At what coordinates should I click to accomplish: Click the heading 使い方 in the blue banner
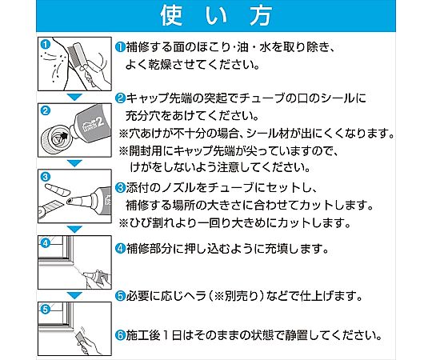tap(216, 16)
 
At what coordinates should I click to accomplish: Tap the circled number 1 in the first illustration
tap(45, 45)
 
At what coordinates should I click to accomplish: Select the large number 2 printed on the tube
tap(100, 121)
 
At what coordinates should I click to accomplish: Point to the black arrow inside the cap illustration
tap(64, 135)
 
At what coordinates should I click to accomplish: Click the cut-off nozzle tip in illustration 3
tap(57, 190)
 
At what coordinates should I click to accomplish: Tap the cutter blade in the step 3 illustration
tap(53, 206)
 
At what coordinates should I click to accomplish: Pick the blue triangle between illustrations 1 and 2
tap(74, 97)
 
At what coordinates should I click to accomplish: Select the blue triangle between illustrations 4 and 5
tap(74, 295)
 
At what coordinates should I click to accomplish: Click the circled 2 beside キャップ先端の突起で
tap(120, 98)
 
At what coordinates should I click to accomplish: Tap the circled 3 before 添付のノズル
tap(120, 188)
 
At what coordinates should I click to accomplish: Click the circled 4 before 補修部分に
tap(120, 249)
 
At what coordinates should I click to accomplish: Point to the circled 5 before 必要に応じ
tap(120, 296)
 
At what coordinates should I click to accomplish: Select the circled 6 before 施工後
tap(120, 335)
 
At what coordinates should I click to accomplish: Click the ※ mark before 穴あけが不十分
tap(124, 134)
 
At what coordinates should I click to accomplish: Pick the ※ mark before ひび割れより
tap(124, 222)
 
